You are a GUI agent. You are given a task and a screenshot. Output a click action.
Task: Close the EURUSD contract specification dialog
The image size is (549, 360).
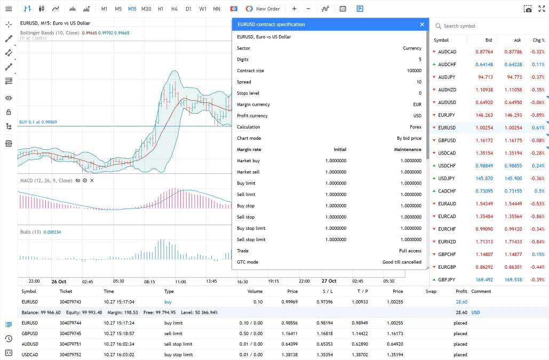tap(422, 25)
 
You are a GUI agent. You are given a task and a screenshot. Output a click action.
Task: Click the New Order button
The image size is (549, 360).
tap(263, 9)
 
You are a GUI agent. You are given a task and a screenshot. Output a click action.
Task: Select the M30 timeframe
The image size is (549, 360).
tap(146, 9)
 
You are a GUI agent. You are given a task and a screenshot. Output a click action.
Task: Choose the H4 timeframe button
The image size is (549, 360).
tap(174, 9)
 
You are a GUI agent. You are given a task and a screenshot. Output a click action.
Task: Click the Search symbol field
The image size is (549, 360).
tap(488, 26)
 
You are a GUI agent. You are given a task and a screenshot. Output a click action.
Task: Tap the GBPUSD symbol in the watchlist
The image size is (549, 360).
tap(447, 140)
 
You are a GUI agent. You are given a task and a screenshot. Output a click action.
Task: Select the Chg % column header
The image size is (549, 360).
tap(538, 40)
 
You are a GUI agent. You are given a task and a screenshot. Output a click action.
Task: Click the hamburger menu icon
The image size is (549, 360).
tap(9, 9)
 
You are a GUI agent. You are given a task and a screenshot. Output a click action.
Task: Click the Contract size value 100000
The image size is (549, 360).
tap(413, 71)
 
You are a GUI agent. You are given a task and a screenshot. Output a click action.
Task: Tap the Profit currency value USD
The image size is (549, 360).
tap(417, 116)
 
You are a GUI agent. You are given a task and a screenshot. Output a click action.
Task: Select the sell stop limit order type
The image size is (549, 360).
tap(178, 344)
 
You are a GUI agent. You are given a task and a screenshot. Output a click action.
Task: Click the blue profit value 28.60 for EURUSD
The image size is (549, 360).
tap(461, 302)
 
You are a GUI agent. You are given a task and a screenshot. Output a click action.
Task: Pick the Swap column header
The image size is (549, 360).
tap(431, 291)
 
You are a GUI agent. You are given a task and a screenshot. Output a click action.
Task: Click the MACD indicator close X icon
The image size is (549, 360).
tap(92, 181)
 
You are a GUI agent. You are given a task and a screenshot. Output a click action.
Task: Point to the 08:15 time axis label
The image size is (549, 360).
tap(149, 281)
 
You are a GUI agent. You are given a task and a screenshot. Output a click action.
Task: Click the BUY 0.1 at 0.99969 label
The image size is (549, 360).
tap(38, 122)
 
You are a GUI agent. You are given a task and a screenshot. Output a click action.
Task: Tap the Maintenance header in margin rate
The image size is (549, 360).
tap(408, 149)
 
